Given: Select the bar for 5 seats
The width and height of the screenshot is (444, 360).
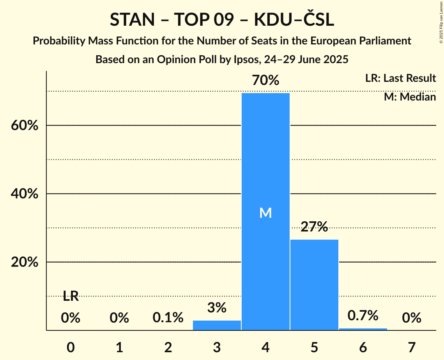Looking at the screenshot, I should [x=314, y=285].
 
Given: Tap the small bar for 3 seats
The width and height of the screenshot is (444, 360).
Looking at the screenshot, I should [x=217, y=325].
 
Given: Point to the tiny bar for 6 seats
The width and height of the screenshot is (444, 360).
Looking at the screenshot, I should [x=363, y=329].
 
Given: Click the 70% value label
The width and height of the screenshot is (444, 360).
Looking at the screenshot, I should [x=265, y=81].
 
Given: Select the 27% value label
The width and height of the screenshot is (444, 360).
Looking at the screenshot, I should [x=314, y=227].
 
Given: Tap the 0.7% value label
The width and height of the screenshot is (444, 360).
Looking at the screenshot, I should [x=363, y=316].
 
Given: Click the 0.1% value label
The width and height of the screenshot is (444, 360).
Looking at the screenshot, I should [x=168, y=318].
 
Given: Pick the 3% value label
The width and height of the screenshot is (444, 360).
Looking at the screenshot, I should [x=217, y=308].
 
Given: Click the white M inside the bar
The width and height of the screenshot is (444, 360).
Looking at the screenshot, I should [x=265, y=213].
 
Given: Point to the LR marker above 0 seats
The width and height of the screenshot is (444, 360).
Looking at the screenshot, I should [x=71, y=296].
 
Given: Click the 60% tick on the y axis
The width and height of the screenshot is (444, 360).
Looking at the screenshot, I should [x=25, y=126].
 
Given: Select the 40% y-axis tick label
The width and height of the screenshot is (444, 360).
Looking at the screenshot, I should [x=25, y=194].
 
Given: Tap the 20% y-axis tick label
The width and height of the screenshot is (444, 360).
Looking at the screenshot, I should [x=25, y=263].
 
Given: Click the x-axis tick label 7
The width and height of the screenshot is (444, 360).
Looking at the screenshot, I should [x=412, y=347].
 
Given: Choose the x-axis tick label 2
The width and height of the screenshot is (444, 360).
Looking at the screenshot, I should [x=168, y=347].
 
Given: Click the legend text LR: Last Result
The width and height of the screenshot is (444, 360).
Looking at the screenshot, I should [x=400, y=78].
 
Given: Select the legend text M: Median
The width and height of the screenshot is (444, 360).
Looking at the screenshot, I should [x=410, y=97].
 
